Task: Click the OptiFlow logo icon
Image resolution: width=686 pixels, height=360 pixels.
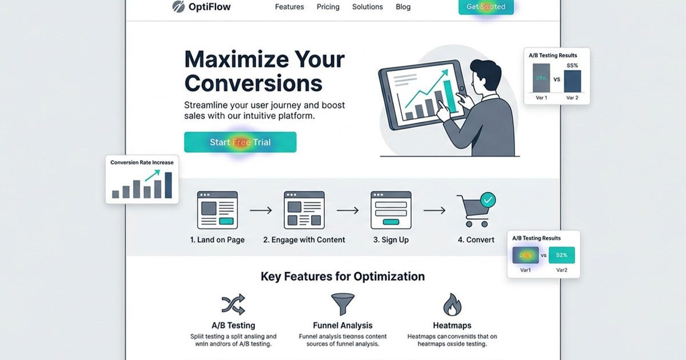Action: point(179,7)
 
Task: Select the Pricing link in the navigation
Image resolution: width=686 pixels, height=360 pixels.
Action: point(328,7)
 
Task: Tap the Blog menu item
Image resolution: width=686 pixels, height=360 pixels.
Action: point(403,7)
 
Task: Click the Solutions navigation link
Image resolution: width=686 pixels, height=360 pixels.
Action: point(368,7)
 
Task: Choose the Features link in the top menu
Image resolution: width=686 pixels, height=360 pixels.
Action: point(289,7)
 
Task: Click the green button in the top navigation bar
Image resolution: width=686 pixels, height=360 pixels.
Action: point(486,7)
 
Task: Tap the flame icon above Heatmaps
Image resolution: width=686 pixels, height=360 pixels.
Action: point(452,305)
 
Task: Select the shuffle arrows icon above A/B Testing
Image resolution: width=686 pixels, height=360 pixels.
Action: point(233,305)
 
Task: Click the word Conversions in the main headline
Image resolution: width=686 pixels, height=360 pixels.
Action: point(253,83)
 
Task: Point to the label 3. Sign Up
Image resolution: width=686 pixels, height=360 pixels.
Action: point(391,240)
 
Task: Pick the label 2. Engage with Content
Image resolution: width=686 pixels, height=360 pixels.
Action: point(304,240)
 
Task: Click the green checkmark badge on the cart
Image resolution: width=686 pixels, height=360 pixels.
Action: point(488,200)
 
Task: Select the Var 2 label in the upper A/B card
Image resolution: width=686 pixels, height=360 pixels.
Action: point(572,98)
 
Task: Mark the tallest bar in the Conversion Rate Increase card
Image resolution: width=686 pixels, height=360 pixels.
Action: point(168,185)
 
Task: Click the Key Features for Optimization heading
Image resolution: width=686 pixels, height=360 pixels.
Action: point(342,277)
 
